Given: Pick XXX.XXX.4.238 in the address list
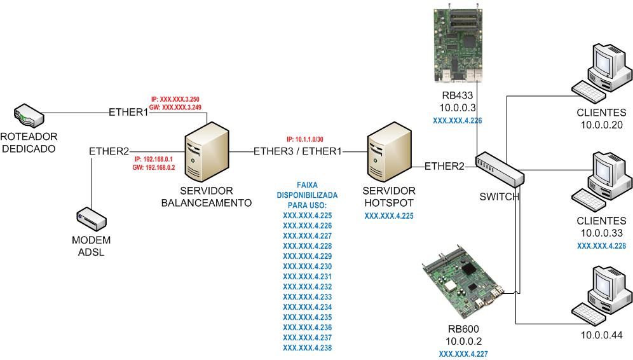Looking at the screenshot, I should (x=307, y=347).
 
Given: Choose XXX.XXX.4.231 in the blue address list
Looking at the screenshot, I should (x=307, y=276).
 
